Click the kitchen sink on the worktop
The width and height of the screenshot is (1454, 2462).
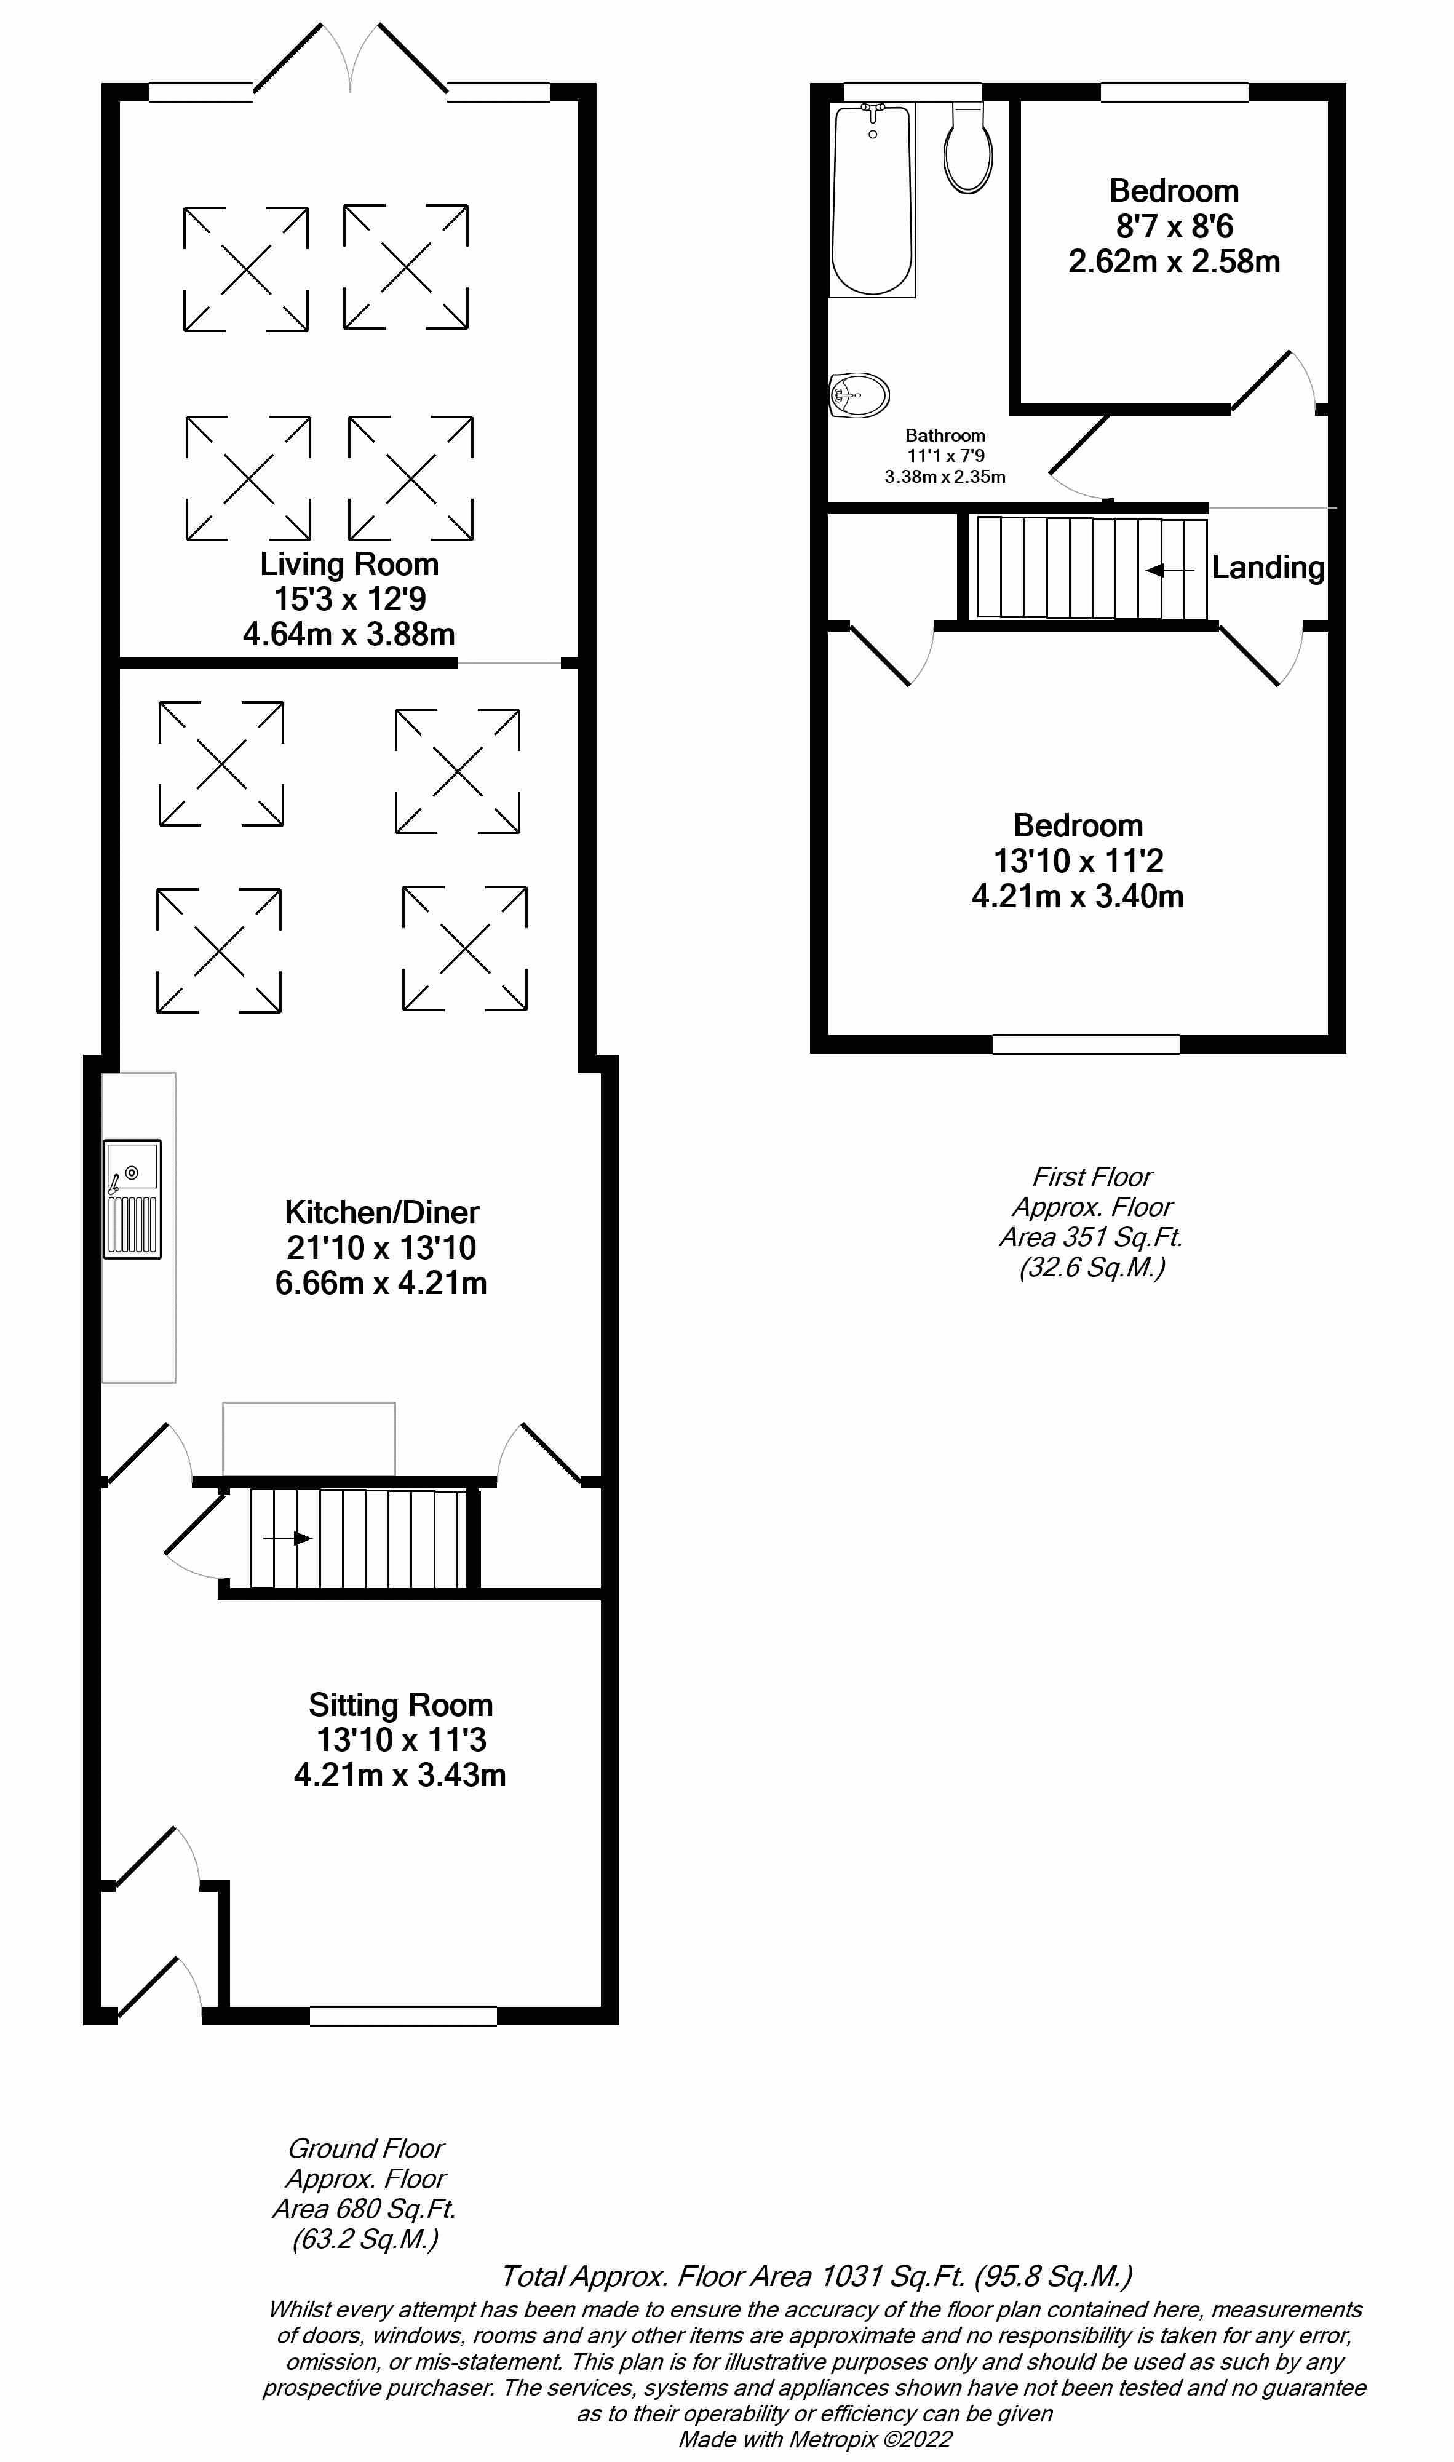pos(132,1197)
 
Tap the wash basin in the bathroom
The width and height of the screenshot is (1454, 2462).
pos(859,396)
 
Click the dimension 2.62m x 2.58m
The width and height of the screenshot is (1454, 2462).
pos(1174,261)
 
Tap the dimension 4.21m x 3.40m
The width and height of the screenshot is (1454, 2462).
pos(1077,895)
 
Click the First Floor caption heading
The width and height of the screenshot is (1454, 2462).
pos(1092,1176)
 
